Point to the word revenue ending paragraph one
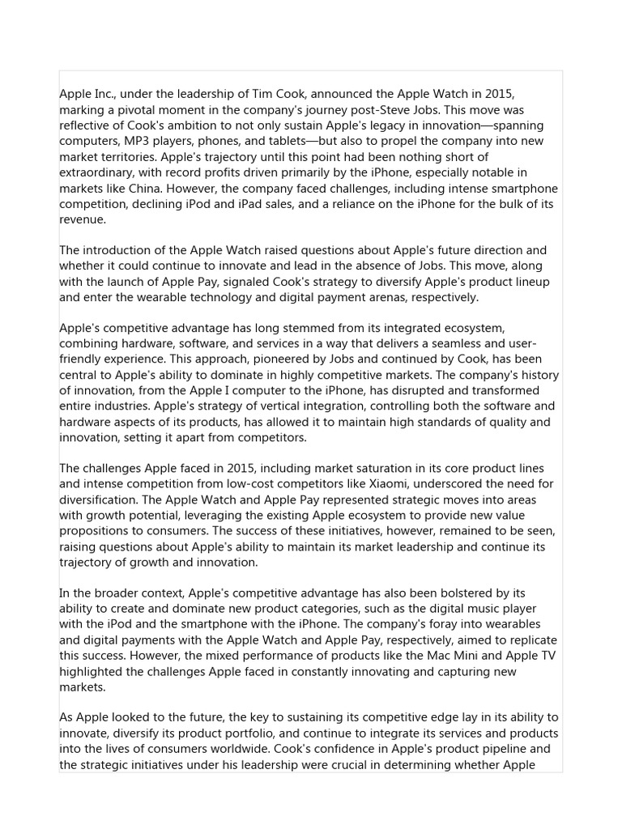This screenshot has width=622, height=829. click(x=83, y=219)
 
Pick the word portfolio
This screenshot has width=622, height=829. click(x=239, y=733)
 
